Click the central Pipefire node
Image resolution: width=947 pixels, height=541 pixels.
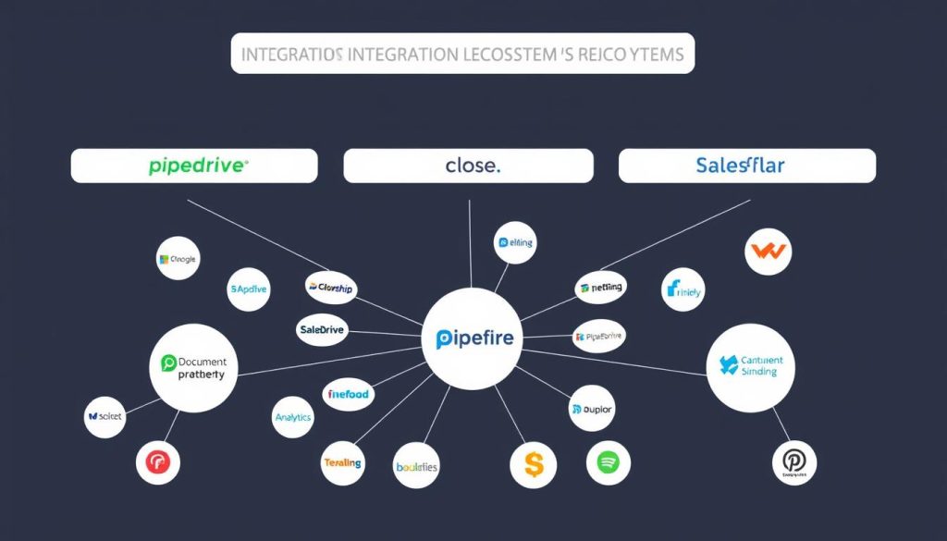473,338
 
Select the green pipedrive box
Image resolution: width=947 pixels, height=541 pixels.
194,166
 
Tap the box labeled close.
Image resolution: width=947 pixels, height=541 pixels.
468,166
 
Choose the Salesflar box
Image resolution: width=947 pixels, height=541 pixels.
746,166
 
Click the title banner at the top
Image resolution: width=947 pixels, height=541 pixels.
462,53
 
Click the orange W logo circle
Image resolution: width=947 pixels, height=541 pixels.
768,250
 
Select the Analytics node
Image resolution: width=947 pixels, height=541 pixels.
294,417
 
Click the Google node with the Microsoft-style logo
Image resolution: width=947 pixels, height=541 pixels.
178,260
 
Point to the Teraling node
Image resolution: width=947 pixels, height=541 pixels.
343,462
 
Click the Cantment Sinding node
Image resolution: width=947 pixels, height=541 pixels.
750,366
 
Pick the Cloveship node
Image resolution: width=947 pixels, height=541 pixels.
330,288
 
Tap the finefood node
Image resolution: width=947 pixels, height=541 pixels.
348,394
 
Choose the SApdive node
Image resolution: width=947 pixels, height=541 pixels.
248,289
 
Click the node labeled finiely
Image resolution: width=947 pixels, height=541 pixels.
683,290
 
